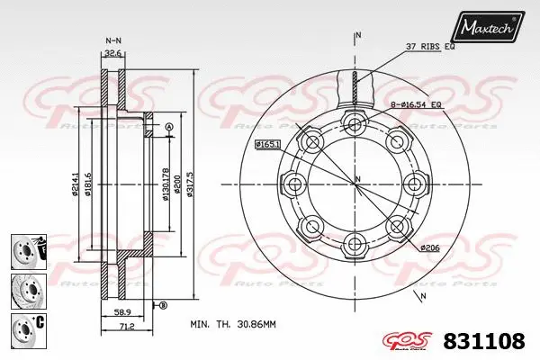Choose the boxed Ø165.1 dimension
coord(269,144)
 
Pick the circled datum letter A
coord(168,128)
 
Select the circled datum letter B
coord(163,306)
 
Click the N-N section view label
coord(113,40)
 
